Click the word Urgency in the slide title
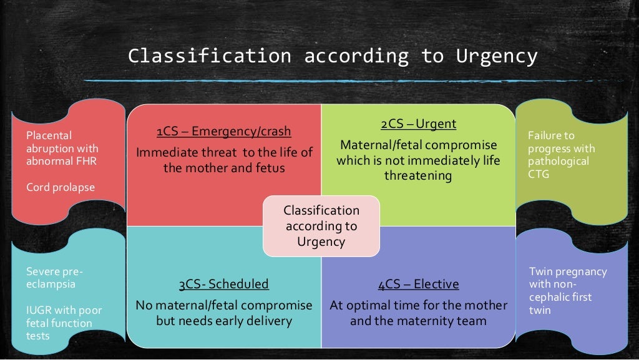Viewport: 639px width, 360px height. (496, 56)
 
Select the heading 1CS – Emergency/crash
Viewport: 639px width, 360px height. (223, 132)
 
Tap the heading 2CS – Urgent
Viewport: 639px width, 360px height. (418, 124)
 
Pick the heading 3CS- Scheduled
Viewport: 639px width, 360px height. (223, 285)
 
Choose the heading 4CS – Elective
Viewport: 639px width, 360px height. (418, 285)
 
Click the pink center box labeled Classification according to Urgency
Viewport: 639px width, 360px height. (321, 226)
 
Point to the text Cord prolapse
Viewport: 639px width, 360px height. (61, 187)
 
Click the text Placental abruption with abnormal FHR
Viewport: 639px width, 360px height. (62, 148)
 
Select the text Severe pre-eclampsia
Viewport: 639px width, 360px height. (54, 278)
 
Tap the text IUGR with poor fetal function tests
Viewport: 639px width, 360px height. (63, 323)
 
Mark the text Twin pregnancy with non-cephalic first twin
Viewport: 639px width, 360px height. (567, 291)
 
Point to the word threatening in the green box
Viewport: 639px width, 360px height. (418, 175)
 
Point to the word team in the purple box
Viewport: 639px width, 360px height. (472, 321)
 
